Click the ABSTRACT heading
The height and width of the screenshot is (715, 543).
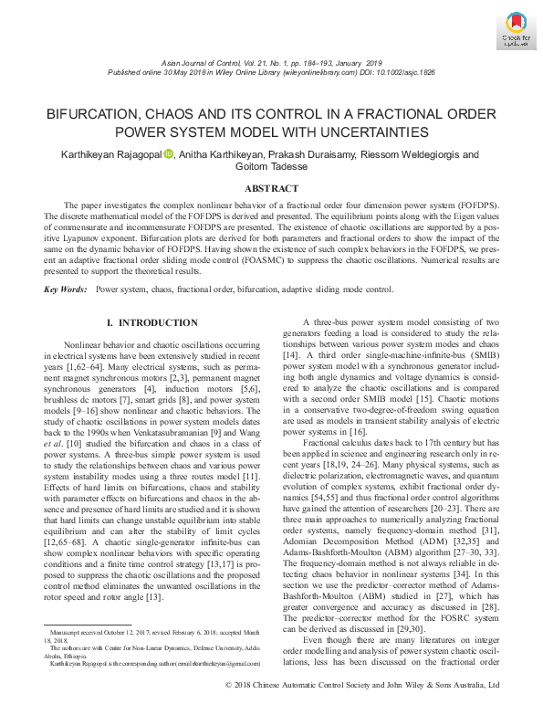click(x=271, y=188)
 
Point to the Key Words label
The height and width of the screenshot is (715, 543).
click(x=64, y=289)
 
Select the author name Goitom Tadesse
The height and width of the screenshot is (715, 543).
click(x=271, y=167)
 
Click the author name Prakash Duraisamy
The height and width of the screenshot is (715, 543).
click(x=321, y=155)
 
